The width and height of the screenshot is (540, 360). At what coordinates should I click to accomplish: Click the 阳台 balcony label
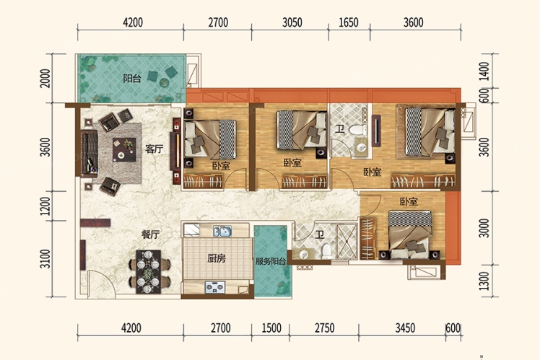(x=132, y=79)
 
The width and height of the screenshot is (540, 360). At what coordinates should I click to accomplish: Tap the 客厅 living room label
(x=154, y=149)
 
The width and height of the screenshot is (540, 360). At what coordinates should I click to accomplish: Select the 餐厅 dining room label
(x=150, y=234)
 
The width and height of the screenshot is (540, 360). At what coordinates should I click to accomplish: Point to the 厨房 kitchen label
(x=217, y=258)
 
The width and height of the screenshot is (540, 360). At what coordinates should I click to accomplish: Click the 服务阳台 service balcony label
(x=271, y=261)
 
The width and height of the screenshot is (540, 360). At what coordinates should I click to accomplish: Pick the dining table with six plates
(x=149, y=271)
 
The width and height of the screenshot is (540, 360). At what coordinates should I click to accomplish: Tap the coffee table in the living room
(x=124, y=149)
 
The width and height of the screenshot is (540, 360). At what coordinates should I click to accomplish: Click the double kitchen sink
(x=222, y=231)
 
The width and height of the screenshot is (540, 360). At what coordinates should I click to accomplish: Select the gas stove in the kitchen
(x=215, y=287)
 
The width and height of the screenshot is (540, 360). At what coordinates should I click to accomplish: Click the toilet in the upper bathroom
(x=357, y=130)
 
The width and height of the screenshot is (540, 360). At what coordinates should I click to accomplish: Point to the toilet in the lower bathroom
(x=326, y=251)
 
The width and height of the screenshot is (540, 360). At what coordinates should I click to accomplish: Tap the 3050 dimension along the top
(x=292, y=22)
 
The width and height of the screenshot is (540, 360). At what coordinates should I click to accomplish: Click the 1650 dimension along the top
(x=349, y=22)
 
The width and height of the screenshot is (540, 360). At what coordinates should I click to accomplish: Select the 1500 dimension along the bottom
(x=271, y=328)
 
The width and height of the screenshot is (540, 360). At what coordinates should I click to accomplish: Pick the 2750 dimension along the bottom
(x=324, y=328)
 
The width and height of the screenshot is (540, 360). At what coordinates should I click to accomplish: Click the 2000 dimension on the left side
(x=45, y=79)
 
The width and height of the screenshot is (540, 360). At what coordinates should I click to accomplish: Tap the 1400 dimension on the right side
(x=484, y=71)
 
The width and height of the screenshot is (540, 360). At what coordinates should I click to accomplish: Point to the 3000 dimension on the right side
(x=484, y=228)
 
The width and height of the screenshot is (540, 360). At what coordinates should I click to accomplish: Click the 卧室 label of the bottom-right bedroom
(x=409, y=201)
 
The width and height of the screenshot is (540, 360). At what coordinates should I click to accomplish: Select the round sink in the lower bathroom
(x=304, y=255)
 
